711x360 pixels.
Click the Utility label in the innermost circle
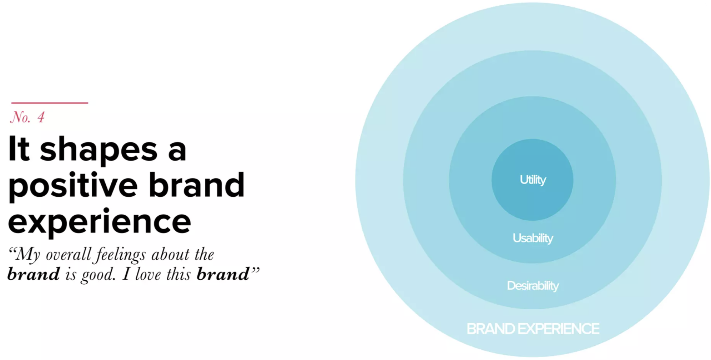[x=533, y=180]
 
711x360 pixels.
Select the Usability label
[x=533, y=238]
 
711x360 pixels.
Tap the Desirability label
[x=533, y=286]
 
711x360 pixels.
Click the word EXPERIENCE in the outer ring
[x=559, y=329]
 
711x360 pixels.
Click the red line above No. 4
[x=50, y=103]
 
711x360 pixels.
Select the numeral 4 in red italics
[x=41, y=117]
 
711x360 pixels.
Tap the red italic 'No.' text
[x=21, y=117]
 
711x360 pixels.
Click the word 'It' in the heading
[x=19, y=149]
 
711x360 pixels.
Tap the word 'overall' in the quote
[x=68, y=254]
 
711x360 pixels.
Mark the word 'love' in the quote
[x=148, y=274]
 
